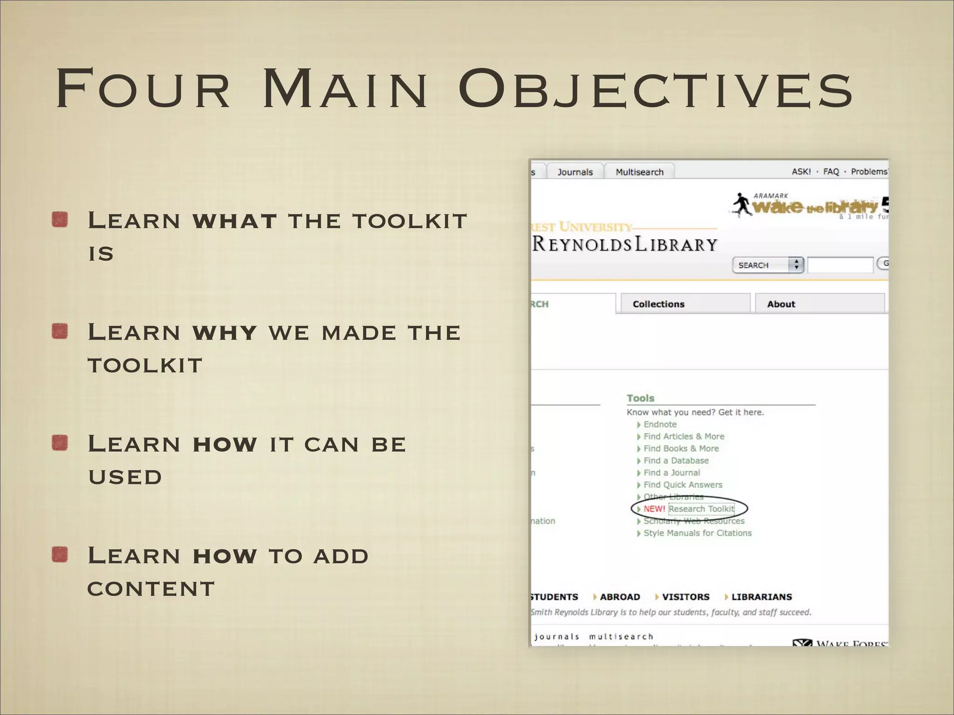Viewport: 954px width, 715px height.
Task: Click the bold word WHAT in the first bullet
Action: click(234, 221)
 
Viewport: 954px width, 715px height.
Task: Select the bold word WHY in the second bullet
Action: click(225, 333)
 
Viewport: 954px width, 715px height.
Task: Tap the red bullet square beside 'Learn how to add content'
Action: click(60, 555)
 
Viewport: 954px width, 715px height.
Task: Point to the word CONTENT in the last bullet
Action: click(151, 589)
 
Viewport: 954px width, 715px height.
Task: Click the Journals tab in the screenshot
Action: click(575, 172)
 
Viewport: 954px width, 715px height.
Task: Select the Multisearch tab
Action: click(639, 172)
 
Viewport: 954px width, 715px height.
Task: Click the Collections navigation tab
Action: click(658, 304)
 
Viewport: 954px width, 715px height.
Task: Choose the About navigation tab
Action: click(781, 304)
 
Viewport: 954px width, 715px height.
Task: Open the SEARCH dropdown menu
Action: click(767, 265)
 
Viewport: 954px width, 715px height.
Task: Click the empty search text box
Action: click(840, 265)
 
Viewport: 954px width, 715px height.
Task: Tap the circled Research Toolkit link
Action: click(701, 509)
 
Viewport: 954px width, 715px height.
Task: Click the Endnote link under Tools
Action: click(660, 424)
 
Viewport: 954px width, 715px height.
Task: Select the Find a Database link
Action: click(675, 460)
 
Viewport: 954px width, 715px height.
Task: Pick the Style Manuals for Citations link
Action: click(697, 533)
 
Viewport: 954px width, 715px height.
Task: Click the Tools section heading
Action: click(640, 398)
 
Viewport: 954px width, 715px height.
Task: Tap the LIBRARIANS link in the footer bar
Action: click(761, 597)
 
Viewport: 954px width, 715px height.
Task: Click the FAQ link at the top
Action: click(831, 171)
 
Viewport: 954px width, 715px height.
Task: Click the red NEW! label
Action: click(654, 509)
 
